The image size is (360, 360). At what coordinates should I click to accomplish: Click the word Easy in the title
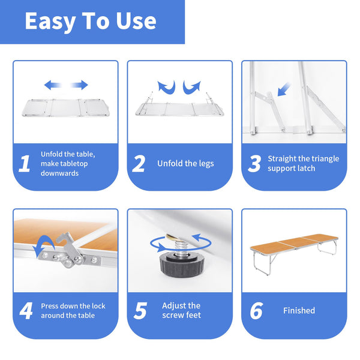(x=50, y=22)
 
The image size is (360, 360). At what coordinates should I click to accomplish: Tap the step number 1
(x=25, y=163)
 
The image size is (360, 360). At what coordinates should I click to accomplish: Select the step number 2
(x=139, y=163)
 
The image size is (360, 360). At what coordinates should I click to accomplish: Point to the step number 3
(x=254, y=163)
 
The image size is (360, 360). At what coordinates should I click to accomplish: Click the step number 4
(x=26, y=311)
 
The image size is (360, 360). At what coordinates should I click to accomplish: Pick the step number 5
(x=140, y=311)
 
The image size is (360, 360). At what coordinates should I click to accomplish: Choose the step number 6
(x=256, y=311)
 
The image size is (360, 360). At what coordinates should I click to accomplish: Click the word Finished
(x=299, y=310)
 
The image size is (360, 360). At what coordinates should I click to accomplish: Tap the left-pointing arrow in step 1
(x=53, y=85)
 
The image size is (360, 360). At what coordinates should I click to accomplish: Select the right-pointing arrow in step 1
(x=79, y=85)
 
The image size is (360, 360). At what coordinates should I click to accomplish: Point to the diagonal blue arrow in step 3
(x=284, y=89)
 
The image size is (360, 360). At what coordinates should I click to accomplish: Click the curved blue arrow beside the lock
(x=44, y=246)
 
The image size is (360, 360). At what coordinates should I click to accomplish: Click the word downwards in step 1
(x=59, y=173)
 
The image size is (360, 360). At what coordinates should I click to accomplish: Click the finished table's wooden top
(x=294, y=242)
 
